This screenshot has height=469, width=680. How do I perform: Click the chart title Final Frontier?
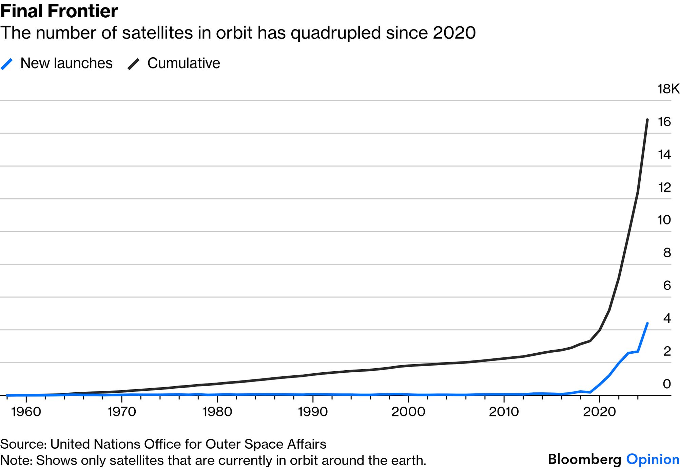click(59, 11)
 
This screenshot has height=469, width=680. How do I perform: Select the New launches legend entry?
click(66, 63)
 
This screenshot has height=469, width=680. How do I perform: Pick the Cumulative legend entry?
click(183, 63)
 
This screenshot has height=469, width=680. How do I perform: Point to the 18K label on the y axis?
click(668, 89)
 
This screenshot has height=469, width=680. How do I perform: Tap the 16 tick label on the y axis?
click(664, 122)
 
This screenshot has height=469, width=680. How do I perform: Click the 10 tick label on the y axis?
click(664, 220)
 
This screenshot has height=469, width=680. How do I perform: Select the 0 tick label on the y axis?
click(667, 384)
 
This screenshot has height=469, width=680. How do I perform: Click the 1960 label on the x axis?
click(26, 412)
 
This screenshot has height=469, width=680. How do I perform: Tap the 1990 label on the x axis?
click(313, 412)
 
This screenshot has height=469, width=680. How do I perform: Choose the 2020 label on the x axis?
click(599, 412)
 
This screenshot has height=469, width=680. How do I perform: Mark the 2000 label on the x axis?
click(408, 412)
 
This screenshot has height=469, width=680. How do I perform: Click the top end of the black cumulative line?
click(647, 120)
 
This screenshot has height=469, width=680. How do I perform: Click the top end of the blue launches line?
click(647, 324)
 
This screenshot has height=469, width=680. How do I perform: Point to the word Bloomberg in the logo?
click(584, 459)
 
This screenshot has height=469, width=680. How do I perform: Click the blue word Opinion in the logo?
click(653, 459)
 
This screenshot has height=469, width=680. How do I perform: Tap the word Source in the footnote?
click(23, 444)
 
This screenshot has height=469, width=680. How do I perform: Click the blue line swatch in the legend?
click(7, 64)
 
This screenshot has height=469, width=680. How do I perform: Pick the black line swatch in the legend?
click(134, 64)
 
